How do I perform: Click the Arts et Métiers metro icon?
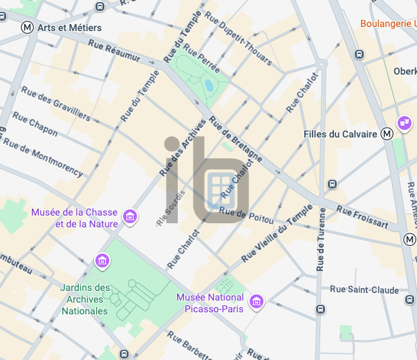click(28, 28)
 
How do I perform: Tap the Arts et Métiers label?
click(70, 28)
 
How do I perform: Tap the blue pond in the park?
click(208, 86)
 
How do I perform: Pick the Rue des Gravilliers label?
click(55, 104)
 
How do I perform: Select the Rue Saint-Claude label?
click(364, 290)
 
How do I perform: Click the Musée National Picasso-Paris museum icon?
click(257, 302)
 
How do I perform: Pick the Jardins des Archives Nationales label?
click(85, 299)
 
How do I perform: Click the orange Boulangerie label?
click(388, 23)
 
